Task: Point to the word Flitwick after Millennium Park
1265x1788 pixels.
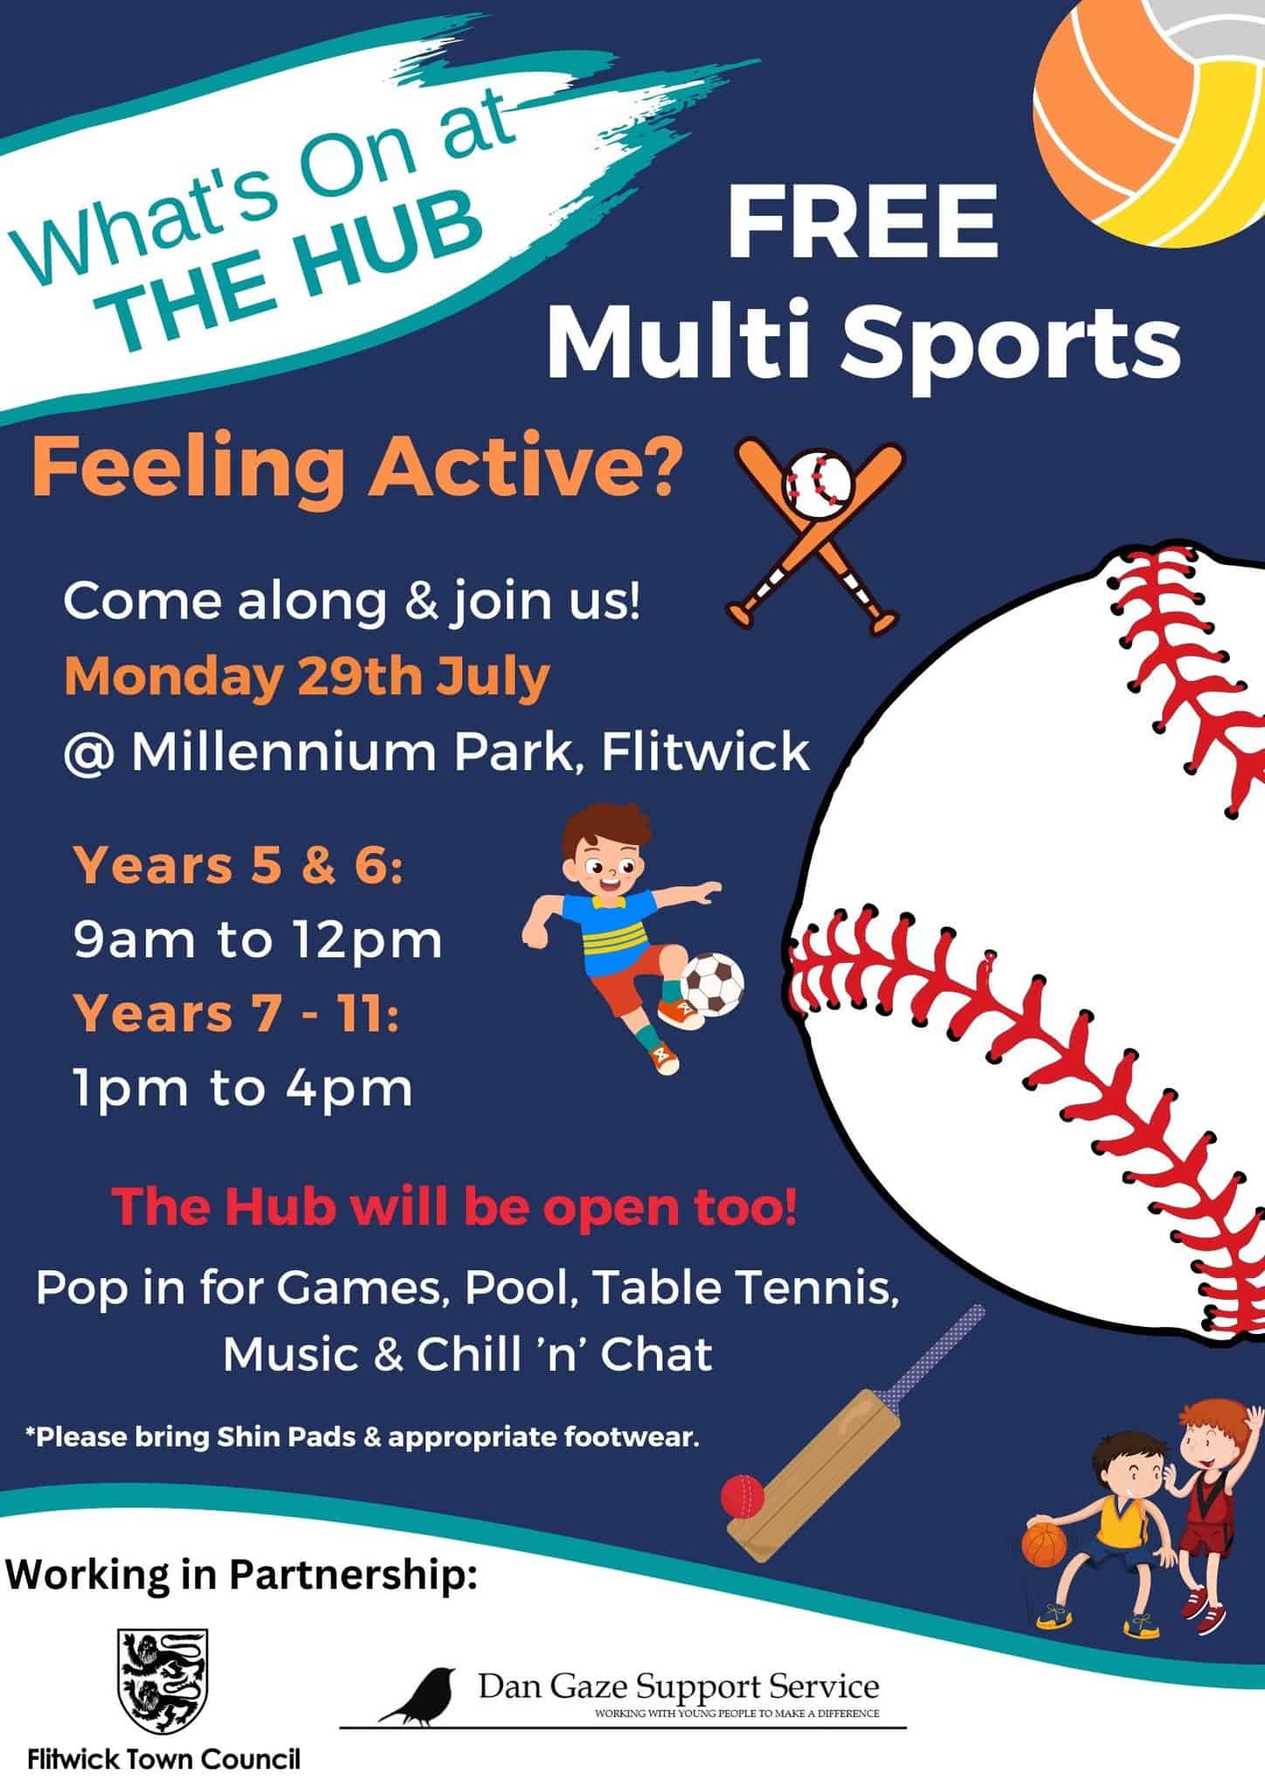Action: coord(706,752)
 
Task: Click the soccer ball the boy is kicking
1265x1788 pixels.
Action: coord(712,984)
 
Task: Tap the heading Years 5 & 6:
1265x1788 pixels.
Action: coord(238,867)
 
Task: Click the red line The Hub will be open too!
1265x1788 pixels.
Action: coord(454,1207)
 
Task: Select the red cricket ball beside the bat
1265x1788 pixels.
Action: coord(743,1496)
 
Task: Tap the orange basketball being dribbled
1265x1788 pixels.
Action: coord(1044,1544)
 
